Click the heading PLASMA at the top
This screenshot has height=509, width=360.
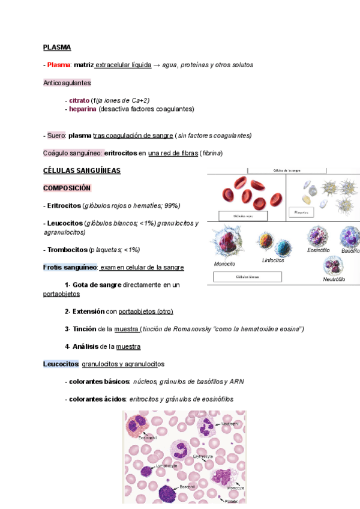click(57, 47)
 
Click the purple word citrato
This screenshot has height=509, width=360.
click(79, 100)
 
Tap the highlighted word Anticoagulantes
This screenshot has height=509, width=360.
click(67, 82)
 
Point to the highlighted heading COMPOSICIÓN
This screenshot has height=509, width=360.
click(67, 188)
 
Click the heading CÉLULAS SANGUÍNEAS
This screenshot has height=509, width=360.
click(82, 170)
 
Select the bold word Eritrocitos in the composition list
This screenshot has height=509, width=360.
click(64, 205)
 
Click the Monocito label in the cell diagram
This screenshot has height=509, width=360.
click(224, 264)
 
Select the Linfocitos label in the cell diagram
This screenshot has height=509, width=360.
click(273, 261)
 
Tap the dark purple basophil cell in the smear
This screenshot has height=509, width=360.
click(167, 493)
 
